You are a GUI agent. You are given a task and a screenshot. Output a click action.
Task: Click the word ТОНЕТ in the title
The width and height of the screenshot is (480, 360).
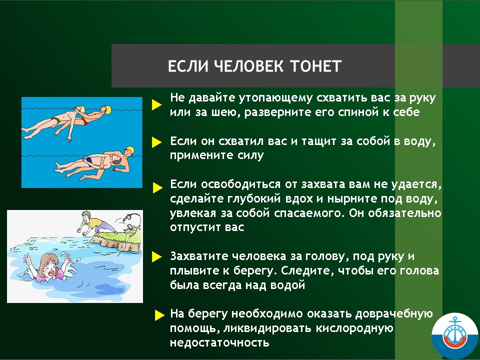(x=315, y=66)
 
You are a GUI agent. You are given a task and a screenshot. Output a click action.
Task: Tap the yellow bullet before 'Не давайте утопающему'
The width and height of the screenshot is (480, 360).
(x=156, y=104)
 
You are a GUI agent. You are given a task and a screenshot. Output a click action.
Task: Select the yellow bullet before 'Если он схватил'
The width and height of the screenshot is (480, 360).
(x=156, y=142)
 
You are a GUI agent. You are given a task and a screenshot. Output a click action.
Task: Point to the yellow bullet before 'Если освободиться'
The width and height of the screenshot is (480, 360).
(x=157, y=187)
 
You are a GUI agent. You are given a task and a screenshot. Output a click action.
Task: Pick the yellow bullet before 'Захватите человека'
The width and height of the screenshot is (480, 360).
(x=156, y=257)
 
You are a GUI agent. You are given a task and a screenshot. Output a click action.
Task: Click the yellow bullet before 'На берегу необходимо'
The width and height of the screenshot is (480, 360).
(x=160, y=315)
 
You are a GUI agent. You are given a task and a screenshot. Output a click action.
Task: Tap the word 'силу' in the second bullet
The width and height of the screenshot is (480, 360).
(x=250, y=155)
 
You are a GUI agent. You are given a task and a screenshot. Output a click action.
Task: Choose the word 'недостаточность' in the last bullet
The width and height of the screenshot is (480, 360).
(x=219, y=342)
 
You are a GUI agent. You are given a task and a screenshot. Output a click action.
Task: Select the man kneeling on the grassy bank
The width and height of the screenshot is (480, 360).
(x=94, y=222)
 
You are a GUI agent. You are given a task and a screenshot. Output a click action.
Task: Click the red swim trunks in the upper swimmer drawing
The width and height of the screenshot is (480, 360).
(x=83, y=121)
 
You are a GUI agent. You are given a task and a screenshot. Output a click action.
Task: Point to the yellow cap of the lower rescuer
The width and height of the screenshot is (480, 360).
(x=130, y=149)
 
